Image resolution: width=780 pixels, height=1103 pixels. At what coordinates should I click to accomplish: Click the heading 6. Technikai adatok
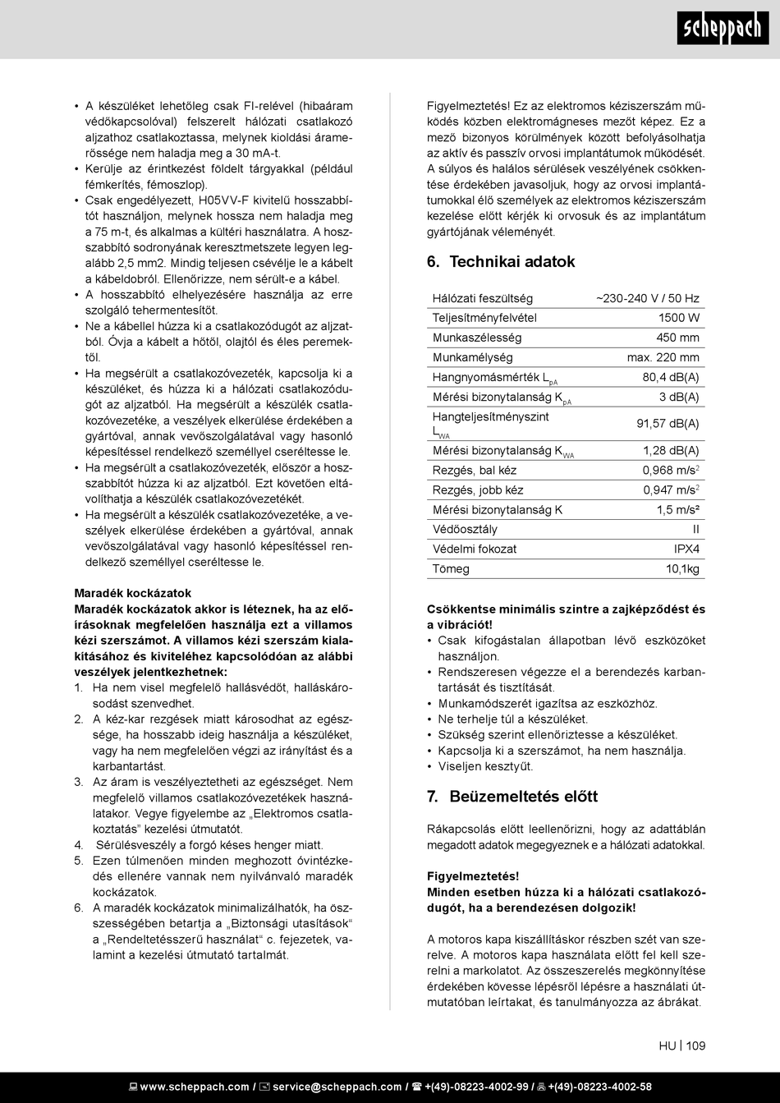501,262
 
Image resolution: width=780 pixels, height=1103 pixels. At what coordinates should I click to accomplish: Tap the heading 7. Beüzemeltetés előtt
512,797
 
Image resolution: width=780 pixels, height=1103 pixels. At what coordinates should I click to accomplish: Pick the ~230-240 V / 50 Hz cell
647,298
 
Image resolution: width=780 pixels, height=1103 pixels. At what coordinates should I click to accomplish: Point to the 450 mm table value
677,338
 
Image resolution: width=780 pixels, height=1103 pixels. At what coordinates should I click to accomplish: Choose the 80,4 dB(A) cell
670,377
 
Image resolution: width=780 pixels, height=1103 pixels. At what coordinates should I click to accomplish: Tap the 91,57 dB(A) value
668,424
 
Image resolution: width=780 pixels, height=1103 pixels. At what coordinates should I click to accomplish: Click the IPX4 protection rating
686,549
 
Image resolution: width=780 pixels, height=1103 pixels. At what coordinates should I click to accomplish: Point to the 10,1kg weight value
681,568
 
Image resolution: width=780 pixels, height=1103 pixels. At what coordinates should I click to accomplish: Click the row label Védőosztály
465,529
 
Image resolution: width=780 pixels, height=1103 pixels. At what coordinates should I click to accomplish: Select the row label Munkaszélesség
477,338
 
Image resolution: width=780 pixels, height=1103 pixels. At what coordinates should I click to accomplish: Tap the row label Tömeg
451,568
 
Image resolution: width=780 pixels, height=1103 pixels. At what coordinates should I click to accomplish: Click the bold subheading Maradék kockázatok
132,593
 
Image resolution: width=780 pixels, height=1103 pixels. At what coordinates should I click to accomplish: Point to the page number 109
696,1046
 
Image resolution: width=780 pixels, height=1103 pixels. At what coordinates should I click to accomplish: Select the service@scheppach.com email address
337,1087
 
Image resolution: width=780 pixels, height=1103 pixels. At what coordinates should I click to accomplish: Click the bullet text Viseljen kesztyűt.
485,766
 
